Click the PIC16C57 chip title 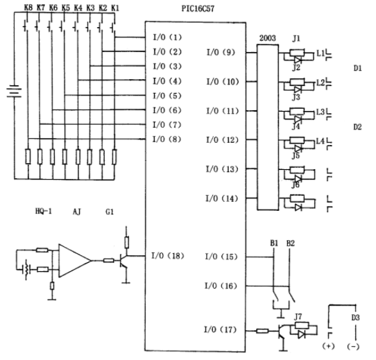(x=198, y=8)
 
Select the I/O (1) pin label (x=167, y=37)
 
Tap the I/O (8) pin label (x=167, y=139)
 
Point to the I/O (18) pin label (x=168, y=256)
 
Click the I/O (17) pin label (x=220, y=329)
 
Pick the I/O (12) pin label (x=222, y=140)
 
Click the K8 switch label (x=28, y=8)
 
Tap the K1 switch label (x=115, y=8)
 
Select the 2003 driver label (x=268, y=38)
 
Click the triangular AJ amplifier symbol (x=75, y=261)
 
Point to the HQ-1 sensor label (x=44, y=212)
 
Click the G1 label (x=110, y=212)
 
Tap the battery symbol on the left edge (x=14, y=91)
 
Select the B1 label (x=274, y=243)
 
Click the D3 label (x=356, y=318)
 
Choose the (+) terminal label (x=328, y=346)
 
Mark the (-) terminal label (x=353, y=346)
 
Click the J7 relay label (x=298, y=317)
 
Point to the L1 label (x=321, y=53)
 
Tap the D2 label (x=357, y=127)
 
